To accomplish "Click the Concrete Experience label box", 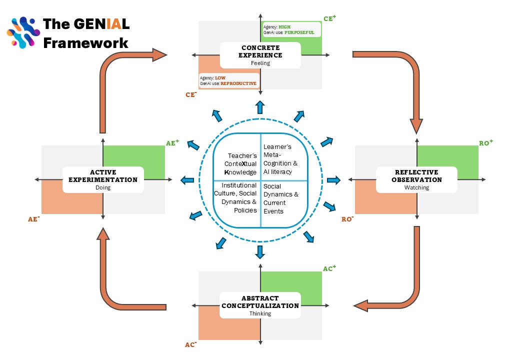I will coord(260,55).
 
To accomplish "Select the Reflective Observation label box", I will coord(416,179).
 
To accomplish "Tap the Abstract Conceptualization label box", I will coord(260,305).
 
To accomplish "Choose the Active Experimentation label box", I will coord(103,179).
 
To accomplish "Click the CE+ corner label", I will coord(329,18).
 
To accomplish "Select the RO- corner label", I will coord(347,219).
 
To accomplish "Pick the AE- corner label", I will coord(34,219).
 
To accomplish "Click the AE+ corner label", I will coord(172,143).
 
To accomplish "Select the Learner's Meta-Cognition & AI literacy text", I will coord(280,159).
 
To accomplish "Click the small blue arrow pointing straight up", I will coord(260,107).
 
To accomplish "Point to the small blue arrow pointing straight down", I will coord(259,251).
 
